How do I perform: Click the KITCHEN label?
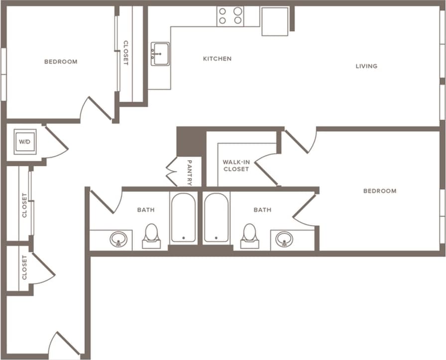pyautogui.click(x=217, y=59)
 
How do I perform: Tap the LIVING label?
pyautogui.click(x=366, y=66)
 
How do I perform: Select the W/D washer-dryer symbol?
pyautogui.click(x=24, y=142)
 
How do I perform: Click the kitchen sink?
pyautogui.click(x=160, y=54)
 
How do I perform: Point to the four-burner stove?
pyautogui.click(x=230, y=16)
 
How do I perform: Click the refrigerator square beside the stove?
pyautogui.click(x=275, y=21)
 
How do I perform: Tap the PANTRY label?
pyautogui.click(x=190, y=172)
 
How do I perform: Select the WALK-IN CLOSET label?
pyautogui.click(x=236, y=166)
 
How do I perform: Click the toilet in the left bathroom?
pyautogui.click(x=151, y=236)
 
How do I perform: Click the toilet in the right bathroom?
pyautogui.click(x=249, y=236)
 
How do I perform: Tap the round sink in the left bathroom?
pyautogui.click(x=118, y=239)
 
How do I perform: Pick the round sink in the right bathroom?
pyautogui.click(x=284, y=239)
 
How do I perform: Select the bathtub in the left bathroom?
pyautogui.click(x=183, y=218)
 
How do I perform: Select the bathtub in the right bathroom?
pyautogui.click(x=217, y=218)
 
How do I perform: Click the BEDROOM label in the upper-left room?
pyautogui.click(x=61, y=62)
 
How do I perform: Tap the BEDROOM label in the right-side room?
pyautogui.click(x=379, y=191)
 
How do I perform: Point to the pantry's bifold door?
pyautogui.click(x=172, y=172)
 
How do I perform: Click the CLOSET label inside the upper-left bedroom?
pyautogui.click(x=125, y=53)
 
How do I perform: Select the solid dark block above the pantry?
pyautogui.click(x=191, y=141)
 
